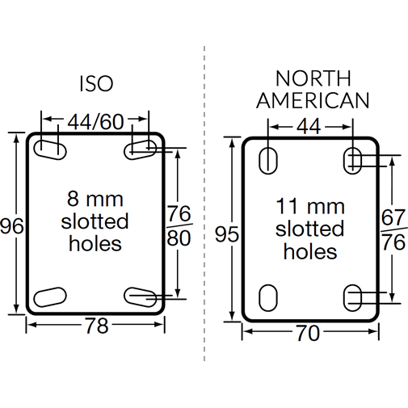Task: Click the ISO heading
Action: [x=96, y=84]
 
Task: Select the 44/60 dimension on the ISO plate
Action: [x=96, y=122]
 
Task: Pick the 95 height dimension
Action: [x=229, y=234]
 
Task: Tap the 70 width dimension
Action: [x=308, y=333]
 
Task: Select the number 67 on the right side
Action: [x=393, y=218]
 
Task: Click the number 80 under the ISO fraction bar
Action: [x=178, y=239]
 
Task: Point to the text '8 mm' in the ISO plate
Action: [x=96, y=199]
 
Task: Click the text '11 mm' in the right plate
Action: [x=309, y=205]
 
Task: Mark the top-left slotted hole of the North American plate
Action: [x=266, y=161]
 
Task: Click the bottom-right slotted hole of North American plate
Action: [x=353, y=297]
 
